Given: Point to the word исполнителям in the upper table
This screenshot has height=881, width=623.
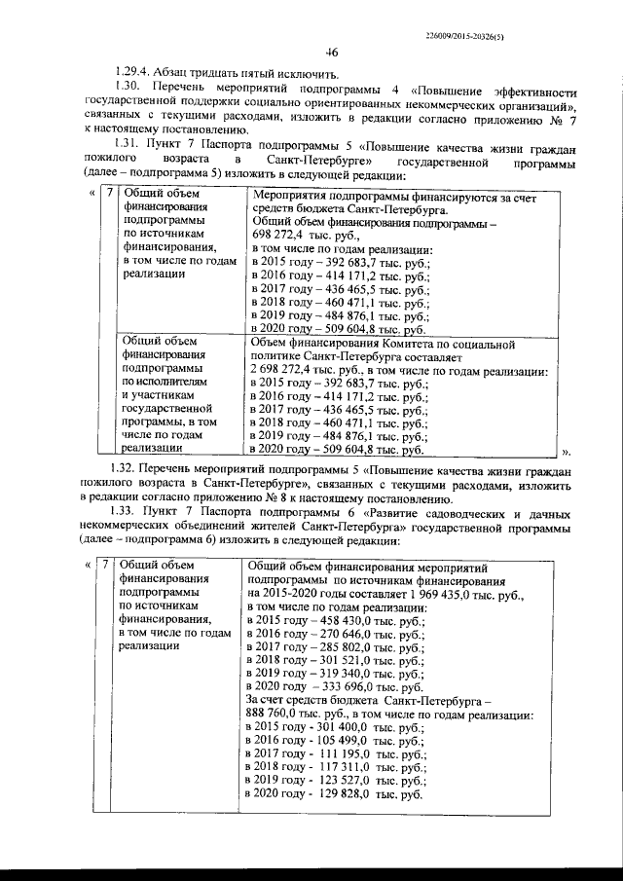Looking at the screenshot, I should pyautogui.click(x=158, y=384).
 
